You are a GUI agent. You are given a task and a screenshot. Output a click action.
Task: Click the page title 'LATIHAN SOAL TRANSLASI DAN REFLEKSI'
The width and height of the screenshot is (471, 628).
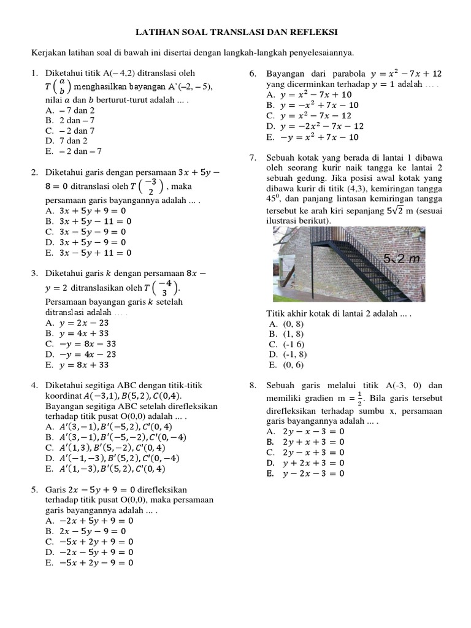pos(236,31)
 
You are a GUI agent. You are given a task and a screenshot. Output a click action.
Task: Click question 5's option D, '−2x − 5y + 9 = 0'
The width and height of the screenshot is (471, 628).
pos(90,552)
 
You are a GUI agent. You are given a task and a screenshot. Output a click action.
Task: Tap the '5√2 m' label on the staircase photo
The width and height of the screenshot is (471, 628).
pos(401,258)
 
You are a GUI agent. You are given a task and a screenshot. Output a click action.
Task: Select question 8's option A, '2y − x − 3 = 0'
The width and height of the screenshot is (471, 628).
pos(305,432)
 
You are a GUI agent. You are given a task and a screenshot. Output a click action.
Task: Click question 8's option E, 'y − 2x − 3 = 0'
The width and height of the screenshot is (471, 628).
pos(305,473)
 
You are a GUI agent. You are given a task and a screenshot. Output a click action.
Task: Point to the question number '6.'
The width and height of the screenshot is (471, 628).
pos(253,74)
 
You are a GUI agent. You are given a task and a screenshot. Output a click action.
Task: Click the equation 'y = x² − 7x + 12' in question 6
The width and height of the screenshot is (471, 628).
pos(402,74)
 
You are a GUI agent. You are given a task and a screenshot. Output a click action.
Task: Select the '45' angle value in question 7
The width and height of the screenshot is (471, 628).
pos(272,199)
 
